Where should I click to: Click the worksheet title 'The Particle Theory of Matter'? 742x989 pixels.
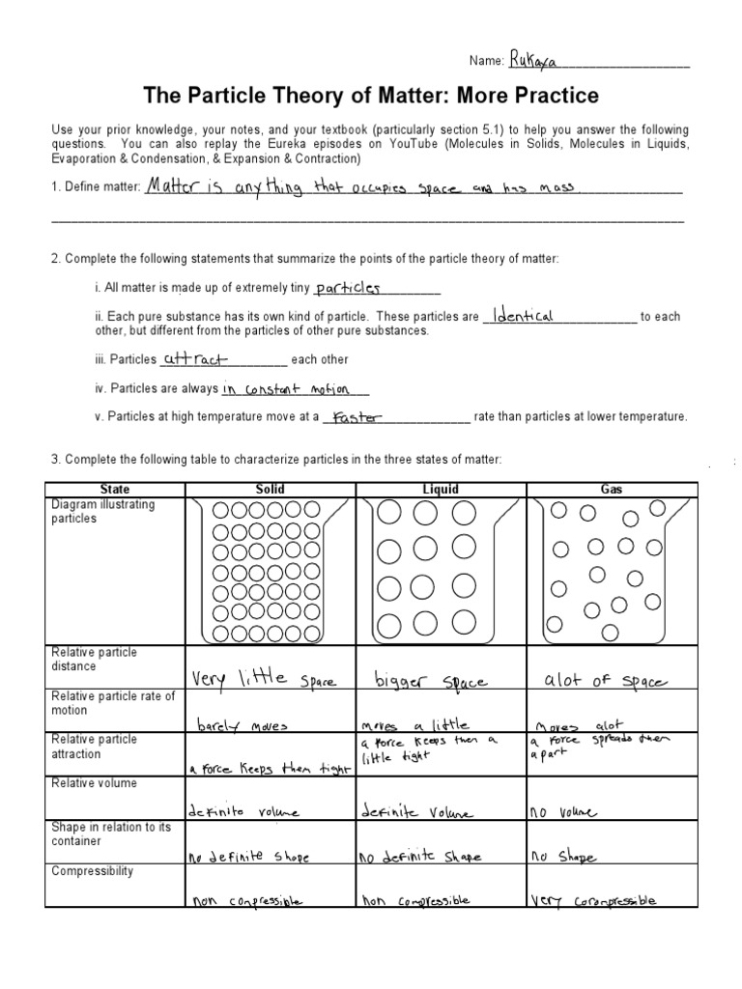pos(371,96)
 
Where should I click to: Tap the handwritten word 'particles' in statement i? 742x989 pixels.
pos(349,288)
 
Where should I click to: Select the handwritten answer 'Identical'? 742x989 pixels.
pos(522,316)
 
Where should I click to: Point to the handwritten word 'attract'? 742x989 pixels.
pos(194,359)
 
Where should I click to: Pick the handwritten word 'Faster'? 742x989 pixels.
pos(356,418)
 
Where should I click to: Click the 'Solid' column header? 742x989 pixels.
pos(271,490)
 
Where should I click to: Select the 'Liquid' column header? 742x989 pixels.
pos(441,490)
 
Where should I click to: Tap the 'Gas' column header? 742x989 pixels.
pos(611,490)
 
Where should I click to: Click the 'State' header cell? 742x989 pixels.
pos(115,490)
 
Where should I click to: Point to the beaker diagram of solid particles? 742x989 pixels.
pos(271,570)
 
